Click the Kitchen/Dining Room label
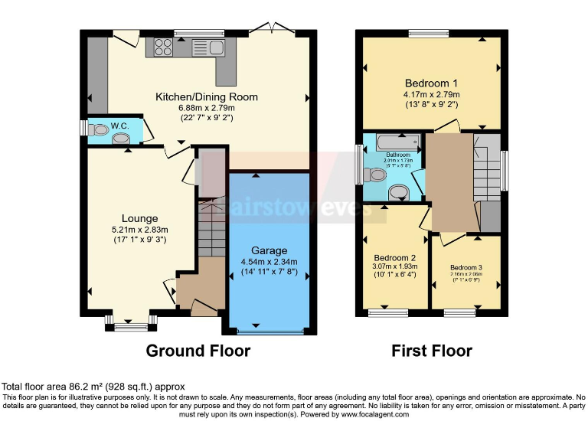(207, 97)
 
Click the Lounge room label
(139, 218)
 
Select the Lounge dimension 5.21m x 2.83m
(139, 229)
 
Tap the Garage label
(269, 250)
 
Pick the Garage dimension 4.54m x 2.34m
(269, 261)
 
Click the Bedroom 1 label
(431, 83)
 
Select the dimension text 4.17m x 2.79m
(431, 95)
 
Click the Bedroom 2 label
(394, 257)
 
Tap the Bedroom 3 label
(465, 267)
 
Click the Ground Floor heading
(198, 351)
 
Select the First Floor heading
(432, 351)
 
